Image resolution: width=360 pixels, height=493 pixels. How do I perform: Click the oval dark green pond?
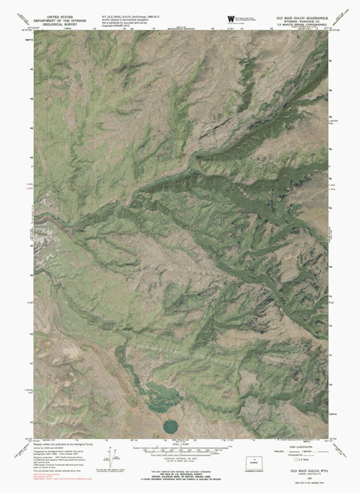[x=170, y=426]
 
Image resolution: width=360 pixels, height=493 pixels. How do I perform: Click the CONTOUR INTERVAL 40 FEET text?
[x=180, y=460]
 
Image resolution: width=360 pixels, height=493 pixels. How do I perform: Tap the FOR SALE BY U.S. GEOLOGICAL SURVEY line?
[x=180, y=471]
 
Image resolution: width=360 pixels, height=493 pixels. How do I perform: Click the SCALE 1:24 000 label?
[x=180, y=444]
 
